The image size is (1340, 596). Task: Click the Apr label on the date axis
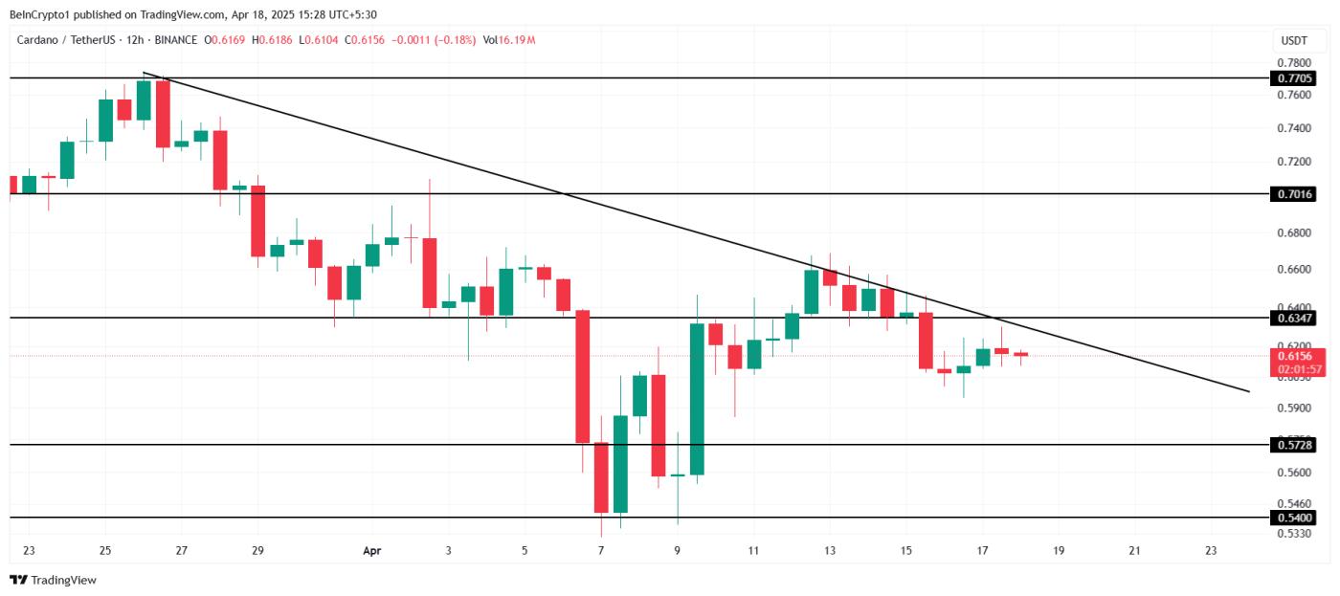[372, 551]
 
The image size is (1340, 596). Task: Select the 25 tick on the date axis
[105, 551]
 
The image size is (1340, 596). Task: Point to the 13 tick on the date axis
[830, 551]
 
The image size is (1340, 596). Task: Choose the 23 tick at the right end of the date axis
[1211, 551]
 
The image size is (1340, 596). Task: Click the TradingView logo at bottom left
[54, 580]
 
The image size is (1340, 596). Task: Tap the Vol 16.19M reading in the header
[509, 40]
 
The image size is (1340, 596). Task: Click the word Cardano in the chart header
[44, 40]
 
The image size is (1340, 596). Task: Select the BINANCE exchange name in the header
[174, 40]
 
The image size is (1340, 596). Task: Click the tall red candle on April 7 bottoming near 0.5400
[601, 477]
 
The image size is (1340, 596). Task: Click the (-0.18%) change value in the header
[454, 40]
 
